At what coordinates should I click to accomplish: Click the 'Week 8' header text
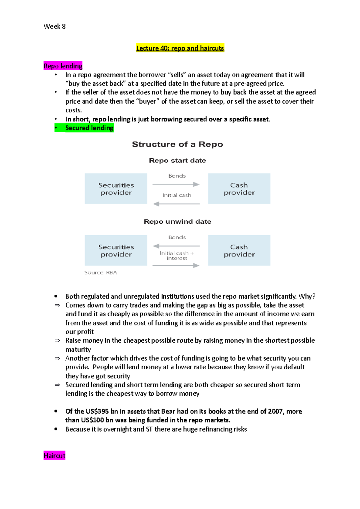tap(55, 26)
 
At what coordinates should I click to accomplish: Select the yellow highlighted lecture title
tap(180, 48)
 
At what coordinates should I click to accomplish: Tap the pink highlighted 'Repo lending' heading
tap(63, 66)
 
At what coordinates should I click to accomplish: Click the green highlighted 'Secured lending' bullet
tap(89, 128)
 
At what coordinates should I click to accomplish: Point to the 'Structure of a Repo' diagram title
tap(177, 144)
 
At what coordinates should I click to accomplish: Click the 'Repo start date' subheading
tap(177, 160)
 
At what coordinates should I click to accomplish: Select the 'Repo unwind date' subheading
tap(177, 222)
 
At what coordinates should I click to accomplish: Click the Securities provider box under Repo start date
tap(116, 189)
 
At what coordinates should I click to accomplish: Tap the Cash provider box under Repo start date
tap(239, 189)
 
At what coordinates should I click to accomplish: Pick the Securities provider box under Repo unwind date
tap(116, 250)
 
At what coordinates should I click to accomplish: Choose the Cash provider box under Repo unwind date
tap(239, 250)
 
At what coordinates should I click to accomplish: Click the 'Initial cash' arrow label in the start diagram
tap(177, 195)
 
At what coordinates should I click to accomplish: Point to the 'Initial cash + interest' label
tap(177, 255)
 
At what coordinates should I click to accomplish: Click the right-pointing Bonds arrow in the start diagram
tap(176, 184)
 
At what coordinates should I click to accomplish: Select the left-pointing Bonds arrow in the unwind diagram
tap(176, 246)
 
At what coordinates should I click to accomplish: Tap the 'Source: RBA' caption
tap(100, 272)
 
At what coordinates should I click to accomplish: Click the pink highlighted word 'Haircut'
tap(54, 456)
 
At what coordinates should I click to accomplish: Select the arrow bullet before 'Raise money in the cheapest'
tap(57, 341)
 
